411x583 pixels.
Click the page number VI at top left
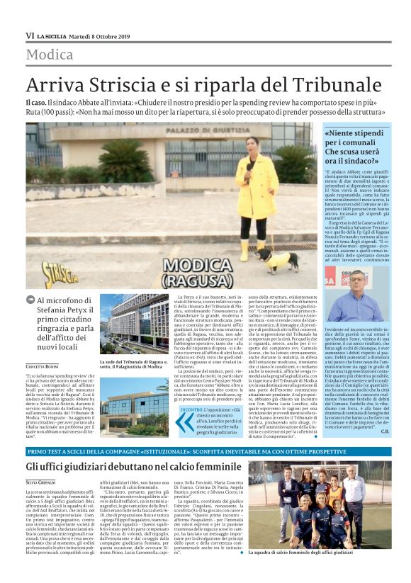[x=30, y=35]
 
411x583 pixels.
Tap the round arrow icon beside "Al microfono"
[x=30, y=301]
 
